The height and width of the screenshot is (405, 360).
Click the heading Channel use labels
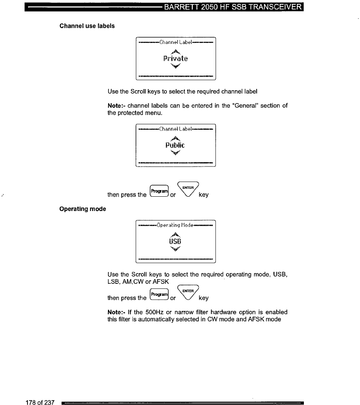(x=87, y=26)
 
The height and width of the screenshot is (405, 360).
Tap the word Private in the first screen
(x=175, y=59)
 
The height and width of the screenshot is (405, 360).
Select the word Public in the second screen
(x=175, y=145)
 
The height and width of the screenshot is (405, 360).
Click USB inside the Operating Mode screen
(x=176, y=242)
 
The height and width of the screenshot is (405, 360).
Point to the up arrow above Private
(x=175, y=51)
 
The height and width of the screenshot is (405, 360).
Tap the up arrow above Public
(x=175, y=138)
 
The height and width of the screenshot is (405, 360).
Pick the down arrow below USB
(x=176, y=249)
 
